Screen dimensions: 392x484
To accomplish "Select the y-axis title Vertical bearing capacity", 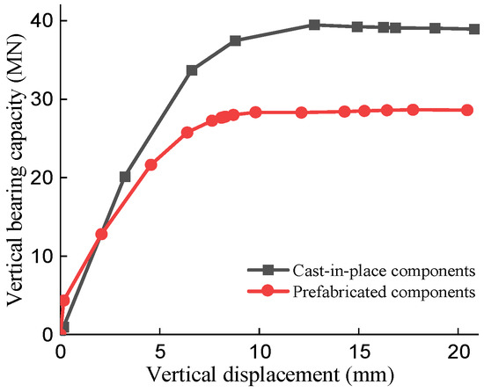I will click(x=15, y=176).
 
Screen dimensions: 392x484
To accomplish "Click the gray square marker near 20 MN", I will click(x=125, y=177).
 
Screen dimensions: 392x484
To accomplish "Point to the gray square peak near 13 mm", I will click(x=314, y=25).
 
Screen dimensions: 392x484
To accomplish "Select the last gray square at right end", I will click(x=474, y=29).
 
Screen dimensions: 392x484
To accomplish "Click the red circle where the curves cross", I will click(x=101, y=234).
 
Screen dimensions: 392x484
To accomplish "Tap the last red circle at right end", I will click(x=468, y=110).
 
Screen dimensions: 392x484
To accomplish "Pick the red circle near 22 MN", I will click(x=150, y=164).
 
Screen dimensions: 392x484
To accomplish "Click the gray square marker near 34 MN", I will click(x=192, y=70).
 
